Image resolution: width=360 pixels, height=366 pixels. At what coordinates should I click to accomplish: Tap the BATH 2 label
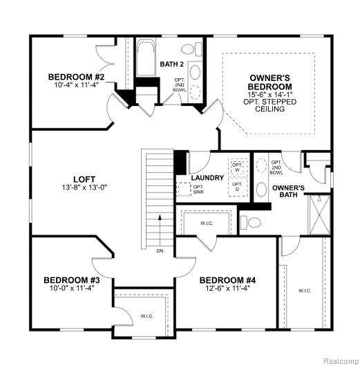pos(171,64)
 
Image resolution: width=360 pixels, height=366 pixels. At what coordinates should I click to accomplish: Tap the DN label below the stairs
pos(160,250)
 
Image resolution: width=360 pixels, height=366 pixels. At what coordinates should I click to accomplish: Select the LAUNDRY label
pos(208,178)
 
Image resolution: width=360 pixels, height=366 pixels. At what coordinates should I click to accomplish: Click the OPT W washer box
pos(238,167)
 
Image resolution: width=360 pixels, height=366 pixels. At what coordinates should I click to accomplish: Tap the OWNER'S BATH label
pos(288,192)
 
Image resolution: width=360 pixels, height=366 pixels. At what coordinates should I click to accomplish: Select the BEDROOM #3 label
pos(73,280)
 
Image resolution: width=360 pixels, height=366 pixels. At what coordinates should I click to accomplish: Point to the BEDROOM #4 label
pos(228,280)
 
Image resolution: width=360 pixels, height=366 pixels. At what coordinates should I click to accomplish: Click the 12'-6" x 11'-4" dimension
pos(228,289)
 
